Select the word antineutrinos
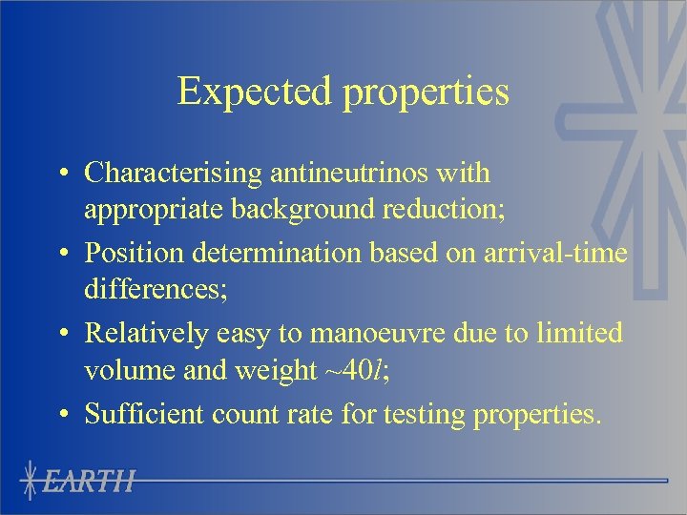click(355, 175)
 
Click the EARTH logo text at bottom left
click(91, 480)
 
